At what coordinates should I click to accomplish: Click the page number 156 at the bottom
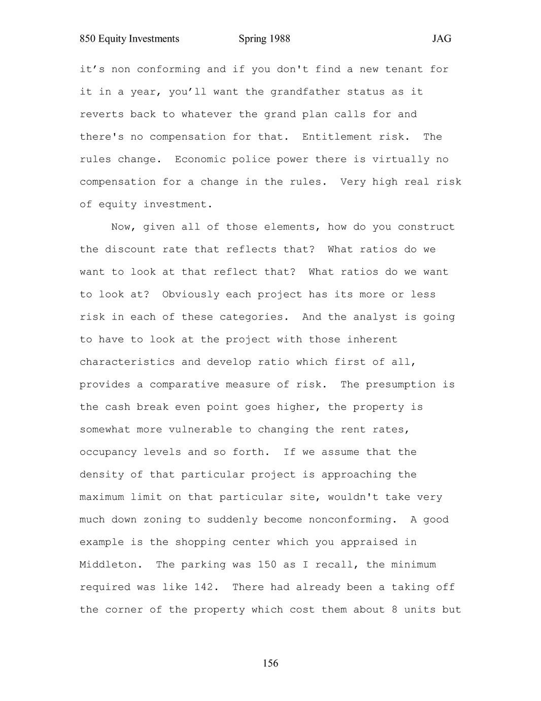coord(270,663)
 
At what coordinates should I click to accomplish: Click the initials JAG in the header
coord(442,39)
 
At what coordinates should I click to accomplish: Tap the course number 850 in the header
coord(88,39)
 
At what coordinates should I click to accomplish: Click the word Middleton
coord(108,565)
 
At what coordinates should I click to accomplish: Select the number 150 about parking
coord(267,565)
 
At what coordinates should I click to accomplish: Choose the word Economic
coord(200,160)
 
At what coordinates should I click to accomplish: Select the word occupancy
coord(108,452)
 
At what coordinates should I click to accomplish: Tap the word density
coord(102,475)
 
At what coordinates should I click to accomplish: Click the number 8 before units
coord(394,610)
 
